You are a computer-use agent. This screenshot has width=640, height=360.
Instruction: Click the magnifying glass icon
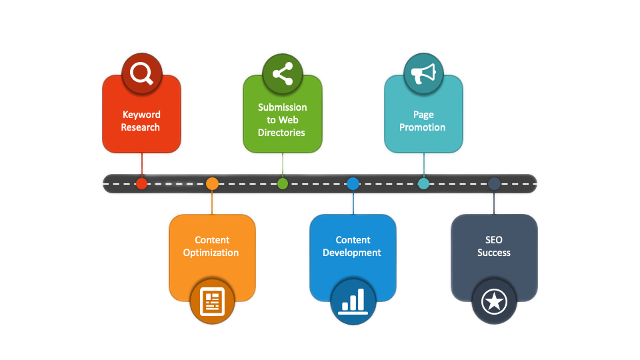[141, 73]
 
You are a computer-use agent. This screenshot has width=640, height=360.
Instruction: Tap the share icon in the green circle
[283, 73]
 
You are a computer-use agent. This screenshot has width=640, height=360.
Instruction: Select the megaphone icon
[423, 74]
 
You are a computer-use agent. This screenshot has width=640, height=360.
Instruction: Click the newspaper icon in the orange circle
[212, 301]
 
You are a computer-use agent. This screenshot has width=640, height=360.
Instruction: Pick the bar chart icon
[353, 301]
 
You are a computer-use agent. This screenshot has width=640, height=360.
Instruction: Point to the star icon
[494, 302]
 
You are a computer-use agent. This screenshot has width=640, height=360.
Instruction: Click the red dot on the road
[141, 184]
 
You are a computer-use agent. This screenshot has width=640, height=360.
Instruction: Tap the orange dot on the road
[212, 184]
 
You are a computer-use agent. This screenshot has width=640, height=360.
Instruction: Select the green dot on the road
[283, 184]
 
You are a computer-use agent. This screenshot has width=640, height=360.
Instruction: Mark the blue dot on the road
[353, 184]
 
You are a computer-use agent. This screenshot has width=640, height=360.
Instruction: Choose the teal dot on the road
[424, 184]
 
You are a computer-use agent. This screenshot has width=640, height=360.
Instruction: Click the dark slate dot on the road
[494, 184]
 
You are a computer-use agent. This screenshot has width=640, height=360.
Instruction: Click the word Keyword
[141, 115]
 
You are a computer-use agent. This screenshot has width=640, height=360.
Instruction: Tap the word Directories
[281, 133]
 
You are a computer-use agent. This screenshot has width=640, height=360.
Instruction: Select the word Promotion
[423, 127]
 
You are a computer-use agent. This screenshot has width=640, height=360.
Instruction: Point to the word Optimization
[211, 253]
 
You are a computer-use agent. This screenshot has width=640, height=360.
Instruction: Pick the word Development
[352, 253]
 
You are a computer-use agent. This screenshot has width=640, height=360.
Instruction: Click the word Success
[494, 253]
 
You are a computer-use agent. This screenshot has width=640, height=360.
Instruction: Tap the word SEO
[494, 240]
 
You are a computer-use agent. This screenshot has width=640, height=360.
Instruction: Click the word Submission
[283, 107]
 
